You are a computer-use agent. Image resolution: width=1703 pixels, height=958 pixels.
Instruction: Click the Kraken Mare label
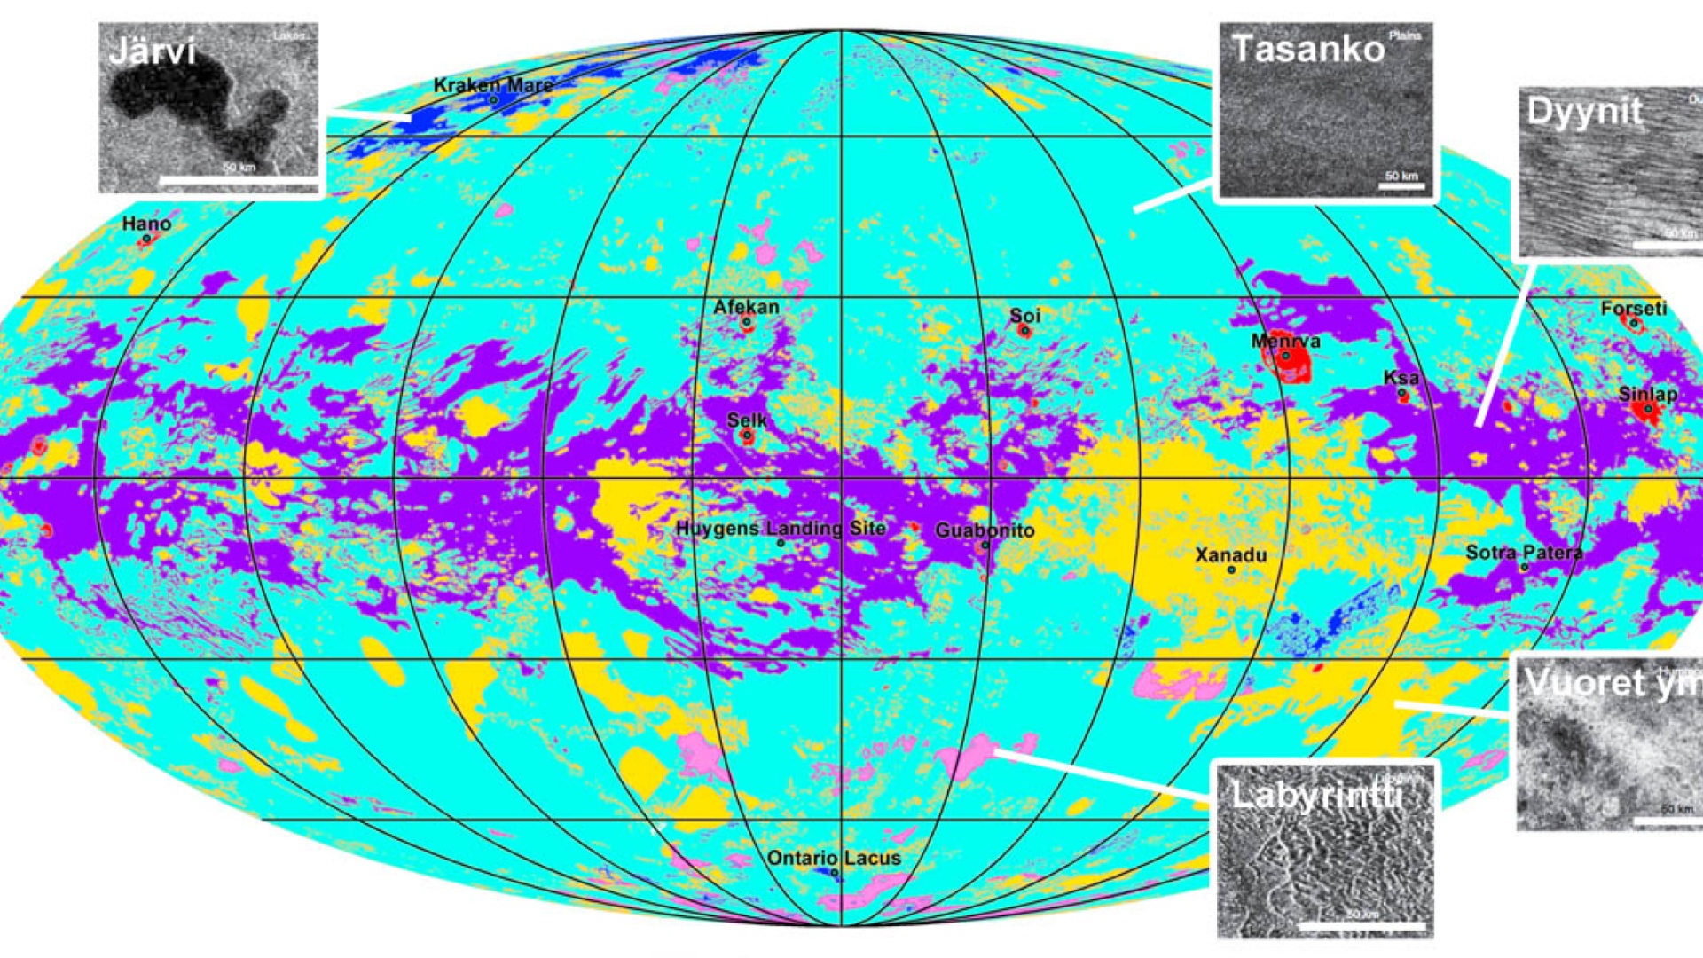point(492,85)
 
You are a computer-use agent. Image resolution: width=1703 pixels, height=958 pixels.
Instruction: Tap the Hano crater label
point(146,224)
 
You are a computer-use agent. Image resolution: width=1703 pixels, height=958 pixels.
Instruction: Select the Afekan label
point(746,307)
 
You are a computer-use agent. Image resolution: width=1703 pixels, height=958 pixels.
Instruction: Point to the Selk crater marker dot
point(747,436)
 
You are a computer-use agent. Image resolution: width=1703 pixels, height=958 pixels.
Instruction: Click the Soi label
point(1024,316)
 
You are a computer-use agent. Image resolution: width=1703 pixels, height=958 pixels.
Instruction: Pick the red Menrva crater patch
point(1295,362)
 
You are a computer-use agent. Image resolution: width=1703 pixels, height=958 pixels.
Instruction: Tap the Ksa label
point(1401,378)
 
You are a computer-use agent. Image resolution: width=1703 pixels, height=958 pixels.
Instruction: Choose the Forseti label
point(1633,309)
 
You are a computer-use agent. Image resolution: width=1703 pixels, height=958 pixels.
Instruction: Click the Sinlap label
point(1647,394)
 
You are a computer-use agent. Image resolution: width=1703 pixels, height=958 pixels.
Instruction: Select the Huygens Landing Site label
point(781,528)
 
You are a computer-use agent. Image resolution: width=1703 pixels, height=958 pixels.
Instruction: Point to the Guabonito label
point(985,530)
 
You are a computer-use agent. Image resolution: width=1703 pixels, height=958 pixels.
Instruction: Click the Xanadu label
point(1230,555)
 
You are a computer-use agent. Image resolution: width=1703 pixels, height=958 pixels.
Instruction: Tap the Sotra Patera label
point(1523,553)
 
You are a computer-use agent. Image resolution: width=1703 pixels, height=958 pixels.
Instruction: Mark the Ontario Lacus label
point(834,858)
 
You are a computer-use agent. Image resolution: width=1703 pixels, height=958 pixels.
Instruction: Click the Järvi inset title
point(152,51)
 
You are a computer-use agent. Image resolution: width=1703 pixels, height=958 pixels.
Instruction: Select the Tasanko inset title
point(1308,48)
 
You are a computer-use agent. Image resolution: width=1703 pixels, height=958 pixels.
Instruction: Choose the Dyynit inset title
point(1584,112)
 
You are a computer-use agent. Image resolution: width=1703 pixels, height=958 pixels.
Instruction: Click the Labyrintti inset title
point(1316,794)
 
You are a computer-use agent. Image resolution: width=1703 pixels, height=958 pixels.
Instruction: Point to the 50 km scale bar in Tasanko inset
point(1401,186)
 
